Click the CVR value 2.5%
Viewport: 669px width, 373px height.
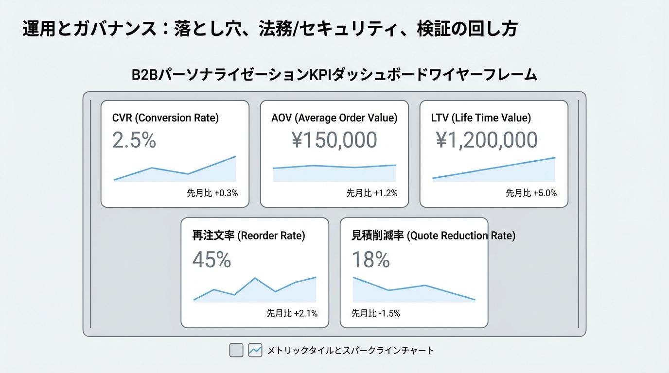[x=134, y=140]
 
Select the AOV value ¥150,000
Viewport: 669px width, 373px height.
[x=334, y=140]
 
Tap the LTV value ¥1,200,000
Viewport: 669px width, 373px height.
[x=487, y=140]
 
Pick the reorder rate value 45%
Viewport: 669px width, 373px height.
[x=211, y=260]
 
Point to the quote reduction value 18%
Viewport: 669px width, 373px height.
[x=370, y=260]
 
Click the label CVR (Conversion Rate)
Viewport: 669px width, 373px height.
[x=165, y=118]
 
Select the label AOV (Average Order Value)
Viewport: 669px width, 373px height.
[x=334, y=118]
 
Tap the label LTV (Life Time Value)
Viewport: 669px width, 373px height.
[x=481, y=118]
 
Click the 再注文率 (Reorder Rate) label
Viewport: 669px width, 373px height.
[x=249, y=236]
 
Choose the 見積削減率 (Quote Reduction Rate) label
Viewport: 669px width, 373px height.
[x=433, y=236]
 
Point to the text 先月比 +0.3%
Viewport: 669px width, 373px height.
[x=212, y=193]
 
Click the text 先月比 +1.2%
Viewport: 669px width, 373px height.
[x=372, y=193]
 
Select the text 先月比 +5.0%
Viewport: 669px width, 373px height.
[x=531, y=193]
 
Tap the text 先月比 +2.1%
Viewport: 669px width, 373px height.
[x=292, y=313]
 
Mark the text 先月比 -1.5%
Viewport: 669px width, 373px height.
[x=376, y=313]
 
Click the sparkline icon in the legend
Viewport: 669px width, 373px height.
[x=255, y=350]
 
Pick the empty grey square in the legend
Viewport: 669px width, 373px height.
[x=236, y=350]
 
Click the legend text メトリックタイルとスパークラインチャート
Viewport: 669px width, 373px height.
[x=351, y=350]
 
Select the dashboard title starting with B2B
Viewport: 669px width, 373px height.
[x=334, y=75]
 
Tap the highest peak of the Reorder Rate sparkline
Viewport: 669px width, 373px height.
[x=255, y=278]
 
